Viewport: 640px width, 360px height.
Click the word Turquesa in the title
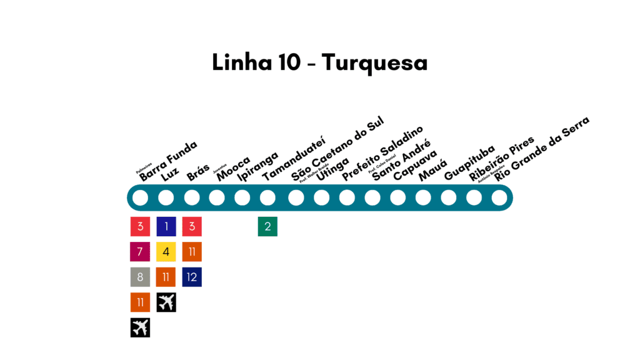click(375, 63)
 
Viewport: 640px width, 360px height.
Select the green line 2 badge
click(267, 226)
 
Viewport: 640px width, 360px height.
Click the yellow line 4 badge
click(166, 252)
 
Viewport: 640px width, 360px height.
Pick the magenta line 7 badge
click(141, 252)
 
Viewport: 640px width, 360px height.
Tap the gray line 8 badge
click(141, 277)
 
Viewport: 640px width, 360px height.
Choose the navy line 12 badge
click(192, 277)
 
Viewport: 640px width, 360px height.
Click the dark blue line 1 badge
click(166, 226)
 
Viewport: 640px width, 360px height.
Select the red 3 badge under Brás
click(192, 226)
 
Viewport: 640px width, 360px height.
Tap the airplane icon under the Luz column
click(166, 302)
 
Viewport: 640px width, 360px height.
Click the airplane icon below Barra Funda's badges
click(141, 327)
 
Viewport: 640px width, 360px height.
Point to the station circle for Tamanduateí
click(267, 197)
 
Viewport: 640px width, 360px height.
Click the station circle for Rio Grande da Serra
click(499, 197)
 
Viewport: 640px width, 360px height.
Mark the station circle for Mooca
click(217, 197)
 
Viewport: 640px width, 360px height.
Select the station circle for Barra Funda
click(141, 197)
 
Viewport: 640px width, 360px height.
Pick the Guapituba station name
click(469, 162)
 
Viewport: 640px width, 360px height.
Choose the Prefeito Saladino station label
click(382, 153)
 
